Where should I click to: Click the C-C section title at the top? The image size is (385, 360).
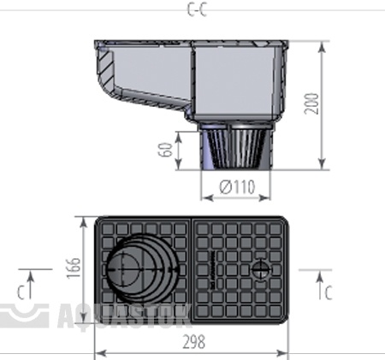197,9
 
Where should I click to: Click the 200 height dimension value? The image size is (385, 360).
311,103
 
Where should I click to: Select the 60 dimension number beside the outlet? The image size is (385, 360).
165,150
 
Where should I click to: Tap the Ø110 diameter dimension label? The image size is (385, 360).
237,187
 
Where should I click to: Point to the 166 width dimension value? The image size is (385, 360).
73,269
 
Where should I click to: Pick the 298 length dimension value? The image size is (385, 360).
193,342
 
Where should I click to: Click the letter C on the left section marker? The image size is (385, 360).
21,292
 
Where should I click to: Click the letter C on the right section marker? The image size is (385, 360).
329,293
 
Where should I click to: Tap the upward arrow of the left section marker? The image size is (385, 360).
31,284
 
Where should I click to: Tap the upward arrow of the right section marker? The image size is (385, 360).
320,284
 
